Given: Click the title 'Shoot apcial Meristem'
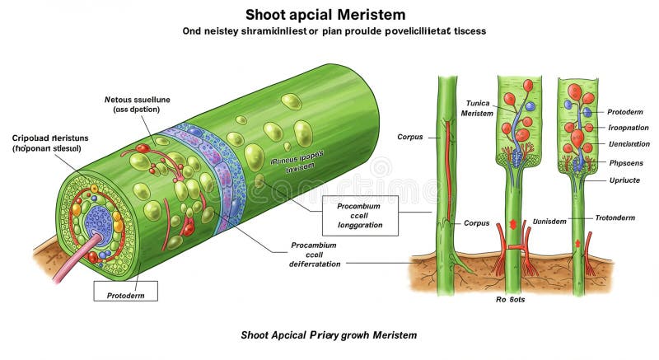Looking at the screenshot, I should pyautogui.click(x=329, y=14).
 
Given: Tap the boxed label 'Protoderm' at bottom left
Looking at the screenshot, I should pyautogui.click(x=124, y=292).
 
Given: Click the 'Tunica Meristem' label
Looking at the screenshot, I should pyautogui.click(x=477, y=108).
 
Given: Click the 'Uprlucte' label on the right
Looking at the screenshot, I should pyautogui.click(x=624, y=179).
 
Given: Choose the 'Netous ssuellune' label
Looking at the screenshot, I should pyautogui.click(x=137, y=104).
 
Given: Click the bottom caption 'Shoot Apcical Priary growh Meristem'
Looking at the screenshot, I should pyautogui.click(x=329, y=335).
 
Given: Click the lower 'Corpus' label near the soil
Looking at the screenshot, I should pyautogui.click(x=476, y=223).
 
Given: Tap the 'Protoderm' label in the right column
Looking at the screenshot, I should pyautogui.click(x=627, y=112).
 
